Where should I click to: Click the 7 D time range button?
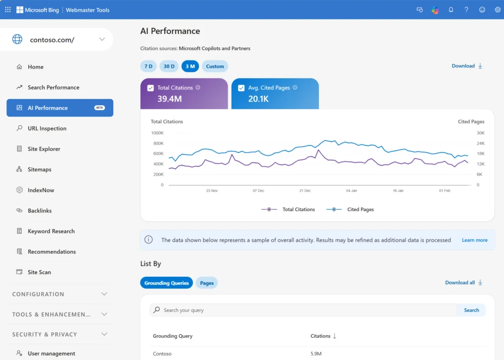pos(148,66)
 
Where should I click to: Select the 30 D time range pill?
pos(169,66)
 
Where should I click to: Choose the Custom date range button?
pos(215,66)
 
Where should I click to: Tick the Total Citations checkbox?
pos(151,88)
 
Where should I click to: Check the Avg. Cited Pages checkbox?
pos(241,88)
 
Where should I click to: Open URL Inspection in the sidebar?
pos(47,128)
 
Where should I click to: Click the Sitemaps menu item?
pos(39,170)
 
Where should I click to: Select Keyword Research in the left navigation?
pos(51,231)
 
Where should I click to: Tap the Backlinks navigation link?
pos(39,210)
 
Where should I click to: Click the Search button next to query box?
pos(471,310)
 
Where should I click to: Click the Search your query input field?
pos(305,310)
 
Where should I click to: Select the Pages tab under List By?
pos(207,283)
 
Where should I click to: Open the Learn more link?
pos(474,240)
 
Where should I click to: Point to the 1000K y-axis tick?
pos(157,133)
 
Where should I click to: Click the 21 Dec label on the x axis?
pos(305,190)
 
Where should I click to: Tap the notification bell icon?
pos(451,10)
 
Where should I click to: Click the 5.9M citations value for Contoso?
pos(316,354)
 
